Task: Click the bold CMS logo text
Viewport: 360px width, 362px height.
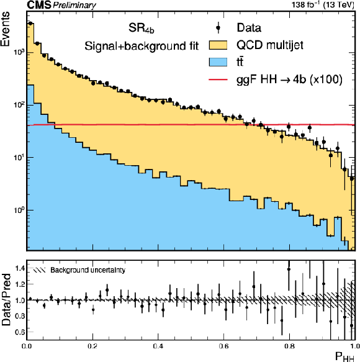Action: [x=38, y=5]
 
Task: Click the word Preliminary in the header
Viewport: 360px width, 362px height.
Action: [x=74, y=6]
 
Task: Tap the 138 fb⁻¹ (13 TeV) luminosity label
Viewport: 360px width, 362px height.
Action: [x=323, y=4]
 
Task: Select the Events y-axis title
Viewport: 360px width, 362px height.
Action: [x=6, y=29]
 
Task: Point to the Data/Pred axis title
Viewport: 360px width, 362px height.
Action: [x=6, y=300]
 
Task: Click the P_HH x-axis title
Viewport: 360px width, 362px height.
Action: [x=344, y=356]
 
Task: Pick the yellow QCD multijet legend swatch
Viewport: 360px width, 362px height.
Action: [x=218, y=45]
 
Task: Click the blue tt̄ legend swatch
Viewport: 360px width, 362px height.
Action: [x=218, y=62]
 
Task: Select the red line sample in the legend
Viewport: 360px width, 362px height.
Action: [x=218, y=79]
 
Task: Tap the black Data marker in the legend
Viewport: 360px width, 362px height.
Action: [x=218, y=28]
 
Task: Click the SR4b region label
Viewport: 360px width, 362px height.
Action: [x=141, y=29]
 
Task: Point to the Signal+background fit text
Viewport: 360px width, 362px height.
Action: [x=142, y=46]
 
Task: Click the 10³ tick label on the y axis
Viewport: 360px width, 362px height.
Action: [x=19, y=52]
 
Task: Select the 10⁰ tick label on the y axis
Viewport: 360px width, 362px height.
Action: [x=19, y=210]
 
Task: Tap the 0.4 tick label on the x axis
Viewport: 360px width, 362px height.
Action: [x=158, y=346]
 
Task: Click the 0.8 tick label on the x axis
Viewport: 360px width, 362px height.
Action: [x=289, y=346]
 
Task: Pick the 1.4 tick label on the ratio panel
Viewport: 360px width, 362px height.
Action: [x=19, y=268]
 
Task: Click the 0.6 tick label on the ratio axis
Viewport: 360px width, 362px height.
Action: [x=19, y=332]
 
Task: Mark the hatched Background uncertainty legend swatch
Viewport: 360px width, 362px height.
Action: [x=40, y=270]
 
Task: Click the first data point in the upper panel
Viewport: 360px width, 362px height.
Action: [x=30, y=23]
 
